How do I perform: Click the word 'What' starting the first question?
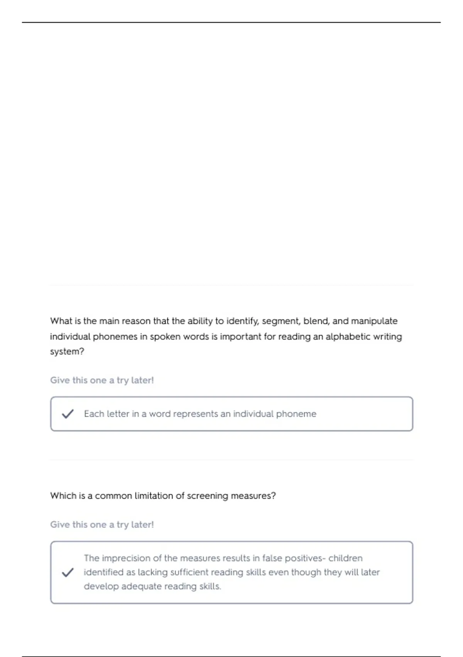click(x=61, y=321)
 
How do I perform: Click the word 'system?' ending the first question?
click(x=67, y=352)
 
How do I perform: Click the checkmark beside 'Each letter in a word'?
click(x=68, y=414)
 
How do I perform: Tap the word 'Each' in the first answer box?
click(x=94, y=414)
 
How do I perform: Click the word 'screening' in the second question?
click(x=207, y=496)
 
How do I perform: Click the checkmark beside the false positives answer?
click(x=68, y=572)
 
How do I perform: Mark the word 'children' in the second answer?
click(x=345, y=558)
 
